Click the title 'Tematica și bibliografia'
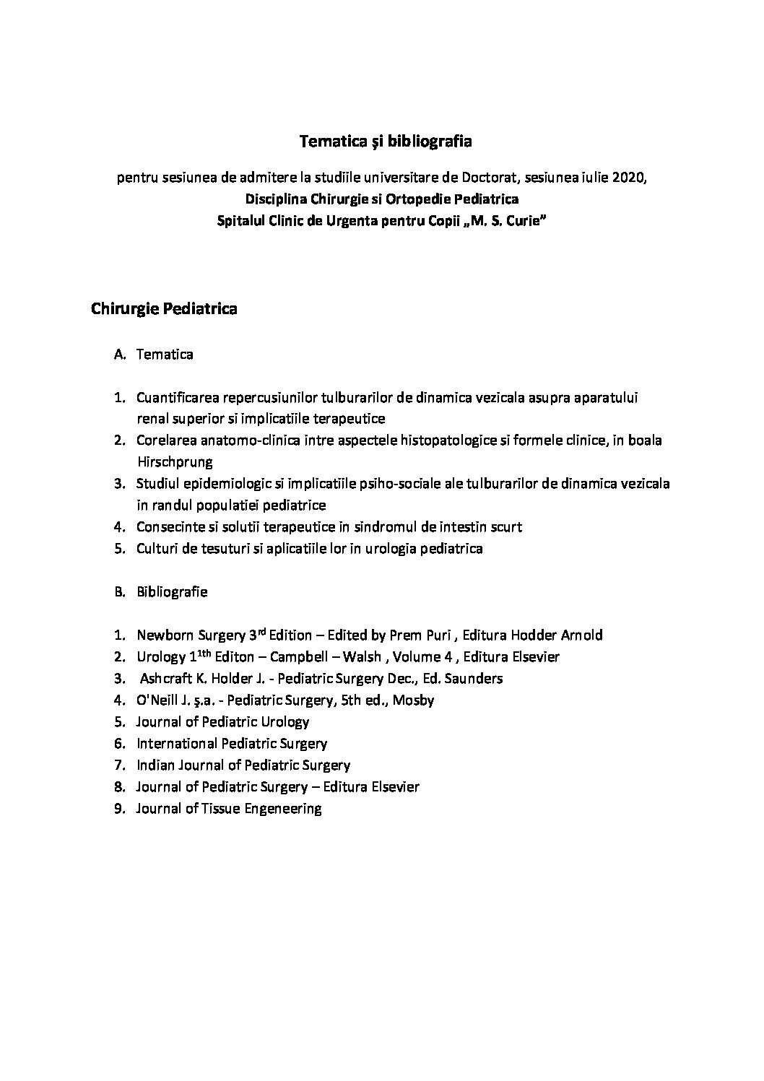pos(386,142)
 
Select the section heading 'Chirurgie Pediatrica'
pos(164,309)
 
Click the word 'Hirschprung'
pos(174,461)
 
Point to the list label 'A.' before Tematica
pos(121,355)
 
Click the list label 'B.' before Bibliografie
pos(121,592)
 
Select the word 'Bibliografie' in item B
pos(172,592)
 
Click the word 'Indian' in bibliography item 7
pos(155,765)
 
